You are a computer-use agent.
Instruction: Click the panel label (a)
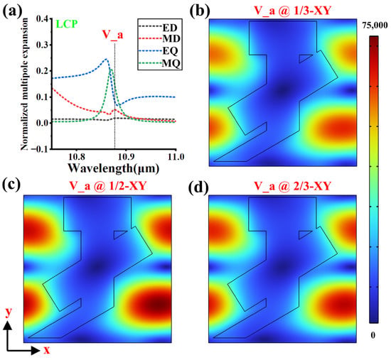pyautogui.click(x=12, y=11)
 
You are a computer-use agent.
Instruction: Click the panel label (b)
pyautogui.click(x=200, y=11)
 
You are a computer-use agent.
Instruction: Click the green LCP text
pyautogui.click(x=67, y=24)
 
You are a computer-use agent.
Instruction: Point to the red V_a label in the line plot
pyautogui.click(x=113, y=35)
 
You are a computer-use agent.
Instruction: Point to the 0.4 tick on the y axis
pyautogui.click(x=42, y=18)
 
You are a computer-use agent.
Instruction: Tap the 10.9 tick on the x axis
pyautogui.click(x=127, y=157)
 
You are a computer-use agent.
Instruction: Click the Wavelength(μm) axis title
pyautogui.click(x=114, y=168)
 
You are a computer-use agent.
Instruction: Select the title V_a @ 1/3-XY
pyautogui.click(x=292, y=11)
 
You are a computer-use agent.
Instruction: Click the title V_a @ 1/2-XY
pyautogui.click(x=108, y=186)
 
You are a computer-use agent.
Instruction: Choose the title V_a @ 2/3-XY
pyautogui.click(x=292, y=186)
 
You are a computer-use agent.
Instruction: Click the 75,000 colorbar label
pyautogui.click(x=375, y=25)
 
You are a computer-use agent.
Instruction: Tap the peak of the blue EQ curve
pyautogui.click(x=106, y=59)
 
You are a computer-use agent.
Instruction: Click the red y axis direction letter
pyautogui.click(x=9, y=312)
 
